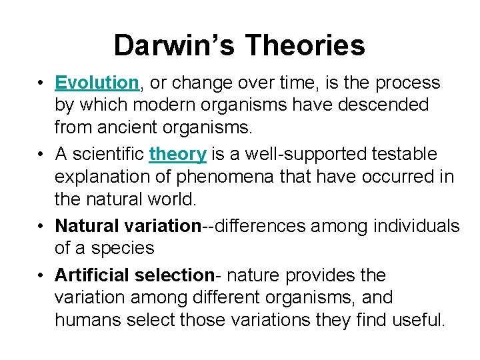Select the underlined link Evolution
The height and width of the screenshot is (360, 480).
[x=97, y=83]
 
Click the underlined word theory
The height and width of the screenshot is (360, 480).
[x=178, y=154]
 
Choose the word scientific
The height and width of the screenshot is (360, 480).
[x=107, y=154]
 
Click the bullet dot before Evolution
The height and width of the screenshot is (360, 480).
[x=41, y=83]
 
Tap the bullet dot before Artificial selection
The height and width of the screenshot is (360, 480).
[x=41, y=275]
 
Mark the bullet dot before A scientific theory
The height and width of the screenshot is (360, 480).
[x=41, y=155]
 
